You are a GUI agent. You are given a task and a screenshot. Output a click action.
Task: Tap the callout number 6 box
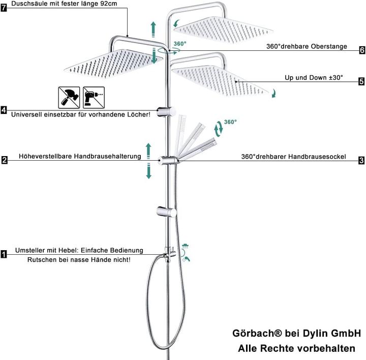(x=361, y=50)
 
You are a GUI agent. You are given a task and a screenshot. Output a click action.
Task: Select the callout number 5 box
(x=361, y=81)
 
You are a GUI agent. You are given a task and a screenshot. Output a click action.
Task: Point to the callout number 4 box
(x=4, y=110)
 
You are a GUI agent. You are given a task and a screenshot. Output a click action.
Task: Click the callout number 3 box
(x=361, y=160)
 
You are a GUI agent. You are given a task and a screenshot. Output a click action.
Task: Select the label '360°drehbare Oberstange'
(x=307, y=46)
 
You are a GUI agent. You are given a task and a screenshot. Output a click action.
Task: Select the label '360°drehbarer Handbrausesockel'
(x=293, y=157)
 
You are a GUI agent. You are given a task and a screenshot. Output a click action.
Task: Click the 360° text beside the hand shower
(x=230, y=122)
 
